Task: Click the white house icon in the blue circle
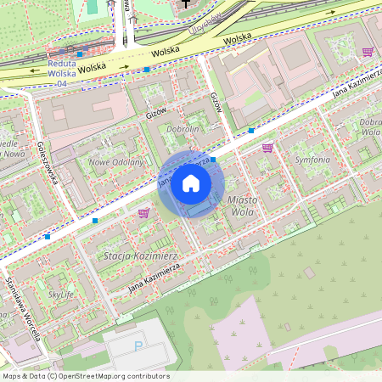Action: [x=191, y=183]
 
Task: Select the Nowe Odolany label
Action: [x=116, y=161]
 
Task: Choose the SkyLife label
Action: [x=61, y=294]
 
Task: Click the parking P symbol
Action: [x=138, y=345]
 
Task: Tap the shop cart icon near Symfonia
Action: [x=267, y=148]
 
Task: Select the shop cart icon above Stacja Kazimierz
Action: [x=143, y=213]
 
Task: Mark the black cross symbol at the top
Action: [x=185, y=4]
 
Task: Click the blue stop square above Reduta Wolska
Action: [x=80, y=54]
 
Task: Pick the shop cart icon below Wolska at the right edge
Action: [x=368, y=52]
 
